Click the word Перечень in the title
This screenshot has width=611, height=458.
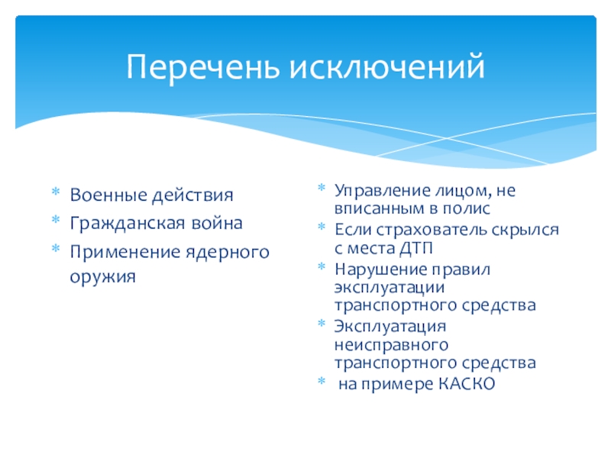[203, 67]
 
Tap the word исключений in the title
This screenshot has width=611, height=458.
[387, 66]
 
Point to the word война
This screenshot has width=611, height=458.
[217, 223]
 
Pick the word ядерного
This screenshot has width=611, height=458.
[228, 253]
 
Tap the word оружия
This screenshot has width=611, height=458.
[103, 277]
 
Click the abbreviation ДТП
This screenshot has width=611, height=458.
[416, 248]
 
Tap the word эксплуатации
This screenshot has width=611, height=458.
[390, 288]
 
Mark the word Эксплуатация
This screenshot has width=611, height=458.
[390, 326]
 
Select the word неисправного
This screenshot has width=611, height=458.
[392, 345]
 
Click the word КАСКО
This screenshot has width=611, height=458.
[467, 384]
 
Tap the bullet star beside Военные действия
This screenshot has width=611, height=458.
[56, 192]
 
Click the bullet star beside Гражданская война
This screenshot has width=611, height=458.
[56, 219]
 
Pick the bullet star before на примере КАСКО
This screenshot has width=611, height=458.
[322, 380]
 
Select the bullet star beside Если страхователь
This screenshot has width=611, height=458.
[322, 226]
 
